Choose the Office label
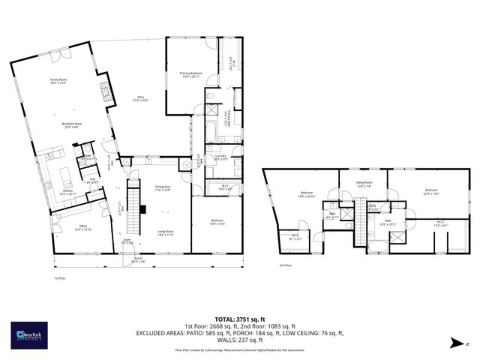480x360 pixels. [83, 228]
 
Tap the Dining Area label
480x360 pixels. [163, 187]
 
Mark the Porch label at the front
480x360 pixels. [139, 259]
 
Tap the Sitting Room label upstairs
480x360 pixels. [364, 184]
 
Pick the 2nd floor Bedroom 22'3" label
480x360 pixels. [430, 191]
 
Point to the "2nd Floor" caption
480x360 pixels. [285, 265]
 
